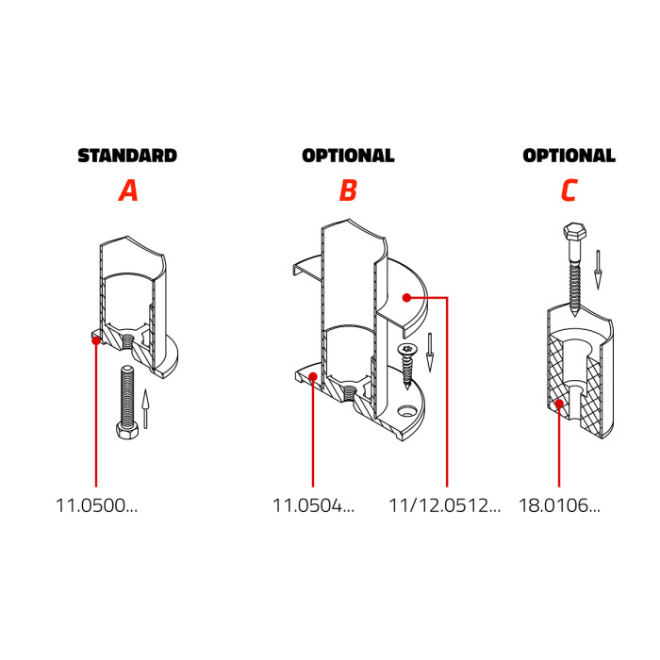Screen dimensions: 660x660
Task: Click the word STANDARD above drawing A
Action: point(127,156)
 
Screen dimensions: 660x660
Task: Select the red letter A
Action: point(128,190)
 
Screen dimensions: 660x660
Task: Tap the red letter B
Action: point(348,190)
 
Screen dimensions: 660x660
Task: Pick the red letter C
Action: point(569,190)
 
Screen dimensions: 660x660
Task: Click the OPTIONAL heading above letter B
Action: point(348,156)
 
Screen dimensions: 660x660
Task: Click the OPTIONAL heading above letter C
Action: point(569,156)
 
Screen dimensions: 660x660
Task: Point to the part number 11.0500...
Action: point(96,505)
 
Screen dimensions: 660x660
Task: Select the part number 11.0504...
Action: point(314,505)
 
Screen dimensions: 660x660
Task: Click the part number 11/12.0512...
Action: point(444,505)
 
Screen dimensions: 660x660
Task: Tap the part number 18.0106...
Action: point(559,505)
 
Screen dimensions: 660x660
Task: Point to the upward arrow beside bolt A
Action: point(145,409)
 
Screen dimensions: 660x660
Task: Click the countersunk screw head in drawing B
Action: point(407,349)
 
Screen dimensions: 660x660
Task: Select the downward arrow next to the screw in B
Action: point(430,353)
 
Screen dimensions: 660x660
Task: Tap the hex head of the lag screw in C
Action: point(573,231)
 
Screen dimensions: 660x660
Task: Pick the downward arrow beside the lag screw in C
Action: point(597,270)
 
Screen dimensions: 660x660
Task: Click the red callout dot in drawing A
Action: point(96,340)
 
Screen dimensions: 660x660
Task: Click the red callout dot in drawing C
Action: point(559,404)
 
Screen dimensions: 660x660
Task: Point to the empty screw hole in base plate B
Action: point(406,410)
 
